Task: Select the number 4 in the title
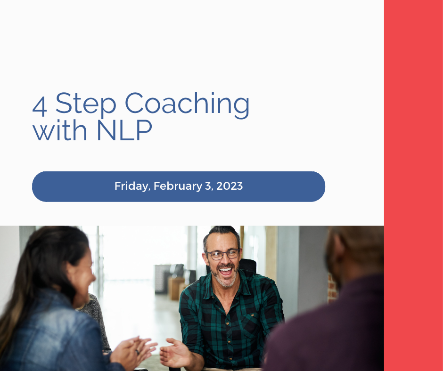[x=40, y=106]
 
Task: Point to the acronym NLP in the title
[x=124, y=130]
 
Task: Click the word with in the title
[x=59, y=130]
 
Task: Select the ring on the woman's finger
[x=138, y=352]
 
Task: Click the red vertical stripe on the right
[x=413, y=185]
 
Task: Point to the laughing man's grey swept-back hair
[x=222, y=234]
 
